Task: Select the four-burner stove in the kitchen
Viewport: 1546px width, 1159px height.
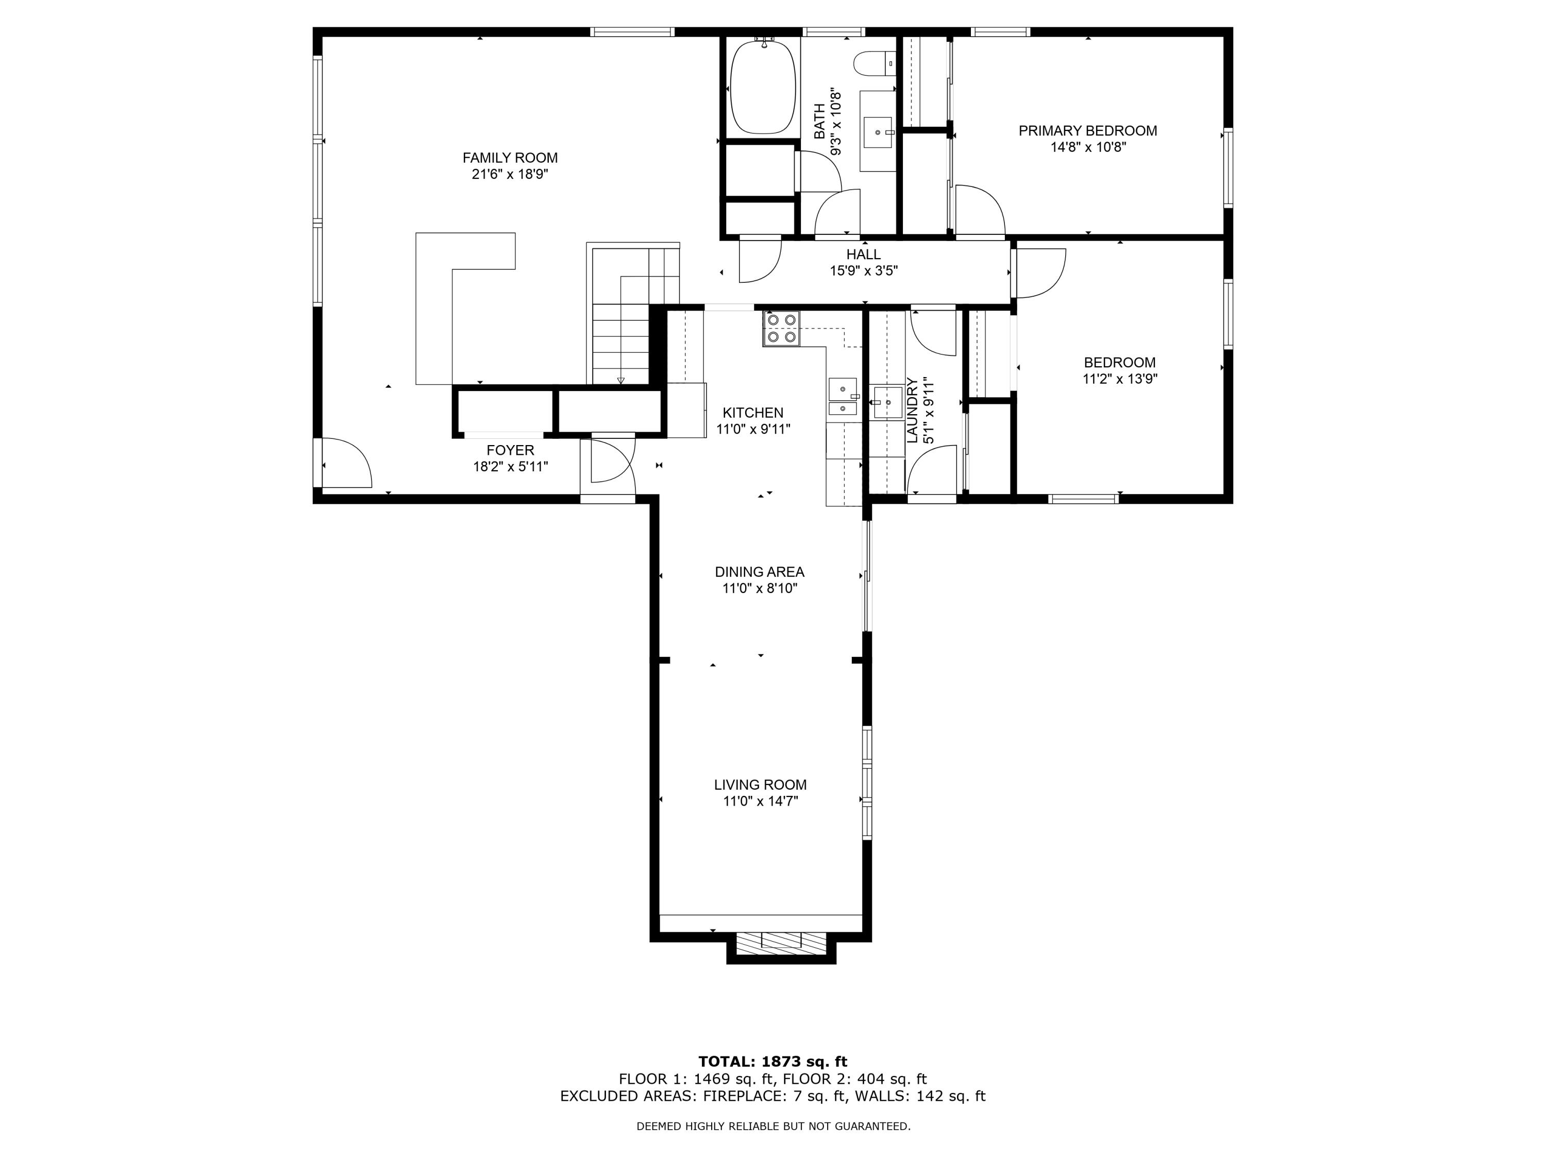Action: [781, 328]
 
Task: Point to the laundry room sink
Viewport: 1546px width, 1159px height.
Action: [887, 402]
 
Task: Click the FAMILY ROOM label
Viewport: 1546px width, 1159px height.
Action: [510, 158]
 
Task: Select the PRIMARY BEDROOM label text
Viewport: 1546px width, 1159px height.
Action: [1087, 131]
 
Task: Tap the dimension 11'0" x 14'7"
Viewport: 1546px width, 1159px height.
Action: [761, 802]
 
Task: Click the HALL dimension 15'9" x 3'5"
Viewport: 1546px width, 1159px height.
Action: [863, 271]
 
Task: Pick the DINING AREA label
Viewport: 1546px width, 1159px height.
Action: [759, 571]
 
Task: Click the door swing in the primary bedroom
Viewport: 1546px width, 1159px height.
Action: [979, 210]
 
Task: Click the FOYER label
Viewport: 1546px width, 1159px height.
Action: [510, 451]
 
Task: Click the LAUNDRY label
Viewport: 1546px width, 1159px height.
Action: [912, 411]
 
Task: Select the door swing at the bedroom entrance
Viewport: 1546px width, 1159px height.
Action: [1040, 273]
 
